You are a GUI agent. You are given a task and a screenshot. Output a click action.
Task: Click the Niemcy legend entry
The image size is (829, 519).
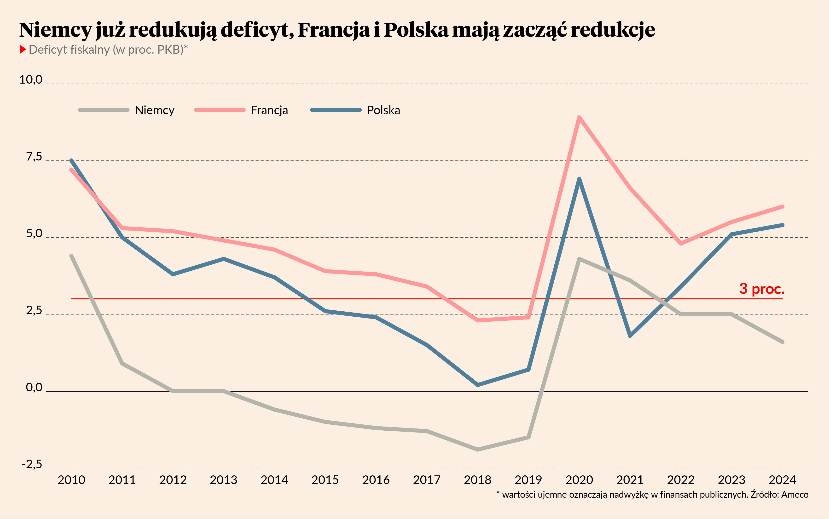pos(155,110)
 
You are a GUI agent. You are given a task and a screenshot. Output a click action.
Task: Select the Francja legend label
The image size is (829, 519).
pos(269,110)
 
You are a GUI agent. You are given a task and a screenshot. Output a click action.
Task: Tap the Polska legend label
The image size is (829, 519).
pos(383,110)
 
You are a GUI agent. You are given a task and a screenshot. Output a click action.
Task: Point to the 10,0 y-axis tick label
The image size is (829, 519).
pos(31,80)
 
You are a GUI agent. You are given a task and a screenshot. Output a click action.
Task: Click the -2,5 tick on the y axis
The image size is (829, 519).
pos(32,464)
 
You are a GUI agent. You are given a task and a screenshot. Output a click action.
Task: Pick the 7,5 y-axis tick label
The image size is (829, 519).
pos(34,157)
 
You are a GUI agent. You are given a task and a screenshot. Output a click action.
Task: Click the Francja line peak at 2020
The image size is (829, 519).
pos(579,118)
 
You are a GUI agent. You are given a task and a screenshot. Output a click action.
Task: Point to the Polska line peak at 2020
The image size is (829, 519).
pos(579,179)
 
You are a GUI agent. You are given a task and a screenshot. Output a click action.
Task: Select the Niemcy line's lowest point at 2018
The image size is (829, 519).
pos(478,449)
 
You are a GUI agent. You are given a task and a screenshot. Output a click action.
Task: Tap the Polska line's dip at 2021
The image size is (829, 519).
pos(630,336)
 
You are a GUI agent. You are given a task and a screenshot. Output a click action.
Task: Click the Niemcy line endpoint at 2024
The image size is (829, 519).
pos(783,342)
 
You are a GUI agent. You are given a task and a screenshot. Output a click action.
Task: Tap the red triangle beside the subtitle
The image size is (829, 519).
pos(23,50)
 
